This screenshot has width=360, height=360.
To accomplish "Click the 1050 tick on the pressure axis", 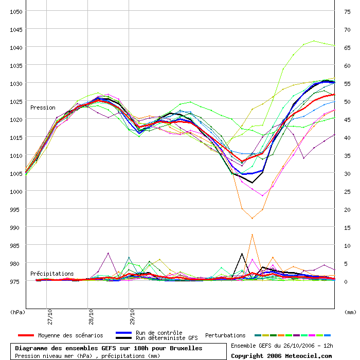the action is (x=16, y=12).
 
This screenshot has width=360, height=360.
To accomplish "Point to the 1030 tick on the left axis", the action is (x=16, y=84).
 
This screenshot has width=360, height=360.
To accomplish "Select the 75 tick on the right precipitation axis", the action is (x=347, y=12).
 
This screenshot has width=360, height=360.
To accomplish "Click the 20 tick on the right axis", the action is (x=347, y=210).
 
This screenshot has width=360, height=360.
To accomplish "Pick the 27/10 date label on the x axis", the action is (x=50, y=317).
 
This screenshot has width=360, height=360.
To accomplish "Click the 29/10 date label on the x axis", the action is (x=132, y=317).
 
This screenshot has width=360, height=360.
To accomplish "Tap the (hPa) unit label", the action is (x=17, y=312).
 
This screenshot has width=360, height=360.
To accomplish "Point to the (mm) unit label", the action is (x=350, y=312).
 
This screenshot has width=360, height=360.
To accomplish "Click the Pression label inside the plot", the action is (x=43, y=107).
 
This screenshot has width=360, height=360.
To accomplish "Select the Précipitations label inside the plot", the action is (x=52, y=274).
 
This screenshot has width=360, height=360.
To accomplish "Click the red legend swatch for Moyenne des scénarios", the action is (x=26, y=335).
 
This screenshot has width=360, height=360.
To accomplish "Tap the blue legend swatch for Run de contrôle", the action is (x=124, y=333).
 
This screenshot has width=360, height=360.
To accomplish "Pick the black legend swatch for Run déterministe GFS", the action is (x=124, y=338).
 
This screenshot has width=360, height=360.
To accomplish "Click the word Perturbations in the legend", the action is (x=225, y=335).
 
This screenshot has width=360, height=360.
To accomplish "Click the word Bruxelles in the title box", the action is (x=186, y=348).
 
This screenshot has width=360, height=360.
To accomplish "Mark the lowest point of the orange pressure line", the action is (x=253, y=219).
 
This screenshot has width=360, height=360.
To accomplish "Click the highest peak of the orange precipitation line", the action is (x=253, y=235).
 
